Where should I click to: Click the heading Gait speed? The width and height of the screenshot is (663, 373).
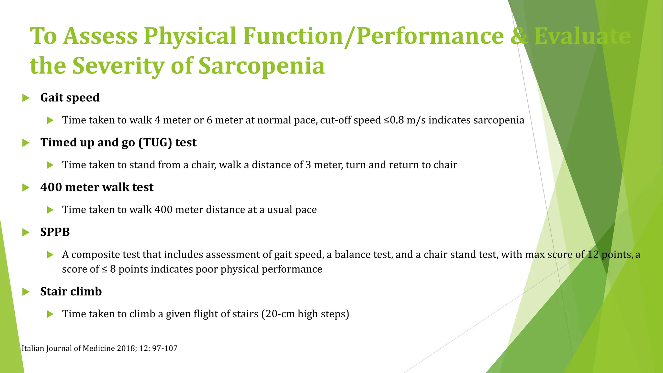70,97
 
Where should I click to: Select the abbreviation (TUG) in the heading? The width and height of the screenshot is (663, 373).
155,142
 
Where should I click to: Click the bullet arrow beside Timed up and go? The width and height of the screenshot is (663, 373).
26,143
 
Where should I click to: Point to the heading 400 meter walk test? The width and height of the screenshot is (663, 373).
96,187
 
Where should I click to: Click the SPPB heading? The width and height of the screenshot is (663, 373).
55,232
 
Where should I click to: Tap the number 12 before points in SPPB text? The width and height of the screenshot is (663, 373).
593,254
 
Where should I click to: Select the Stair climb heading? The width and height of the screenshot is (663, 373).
71,292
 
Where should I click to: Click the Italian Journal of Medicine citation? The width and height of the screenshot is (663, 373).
99,348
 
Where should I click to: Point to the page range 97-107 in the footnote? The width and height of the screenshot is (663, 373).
164,348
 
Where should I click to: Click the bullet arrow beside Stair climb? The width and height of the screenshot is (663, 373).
26,292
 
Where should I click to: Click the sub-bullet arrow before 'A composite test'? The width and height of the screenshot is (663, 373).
50,255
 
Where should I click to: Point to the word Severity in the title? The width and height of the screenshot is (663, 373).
118,66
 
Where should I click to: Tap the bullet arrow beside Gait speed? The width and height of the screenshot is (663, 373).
26,98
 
